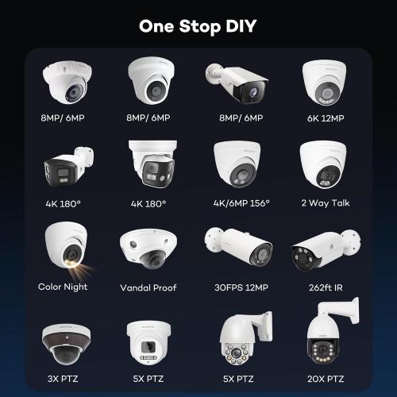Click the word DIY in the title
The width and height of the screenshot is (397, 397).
238,25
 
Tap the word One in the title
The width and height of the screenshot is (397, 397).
157,25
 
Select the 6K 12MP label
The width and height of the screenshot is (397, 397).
325,118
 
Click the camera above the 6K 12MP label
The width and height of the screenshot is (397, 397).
325,83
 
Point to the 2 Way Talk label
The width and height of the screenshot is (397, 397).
325,203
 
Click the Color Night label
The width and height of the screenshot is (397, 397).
63,287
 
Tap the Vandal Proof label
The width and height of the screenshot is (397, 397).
148,287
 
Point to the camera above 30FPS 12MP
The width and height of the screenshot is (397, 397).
237,248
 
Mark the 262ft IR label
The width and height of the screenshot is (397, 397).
325,287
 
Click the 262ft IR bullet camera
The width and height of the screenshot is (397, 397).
325,250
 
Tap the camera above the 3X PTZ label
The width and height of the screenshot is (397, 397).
63,337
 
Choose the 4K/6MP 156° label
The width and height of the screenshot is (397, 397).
237,203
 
